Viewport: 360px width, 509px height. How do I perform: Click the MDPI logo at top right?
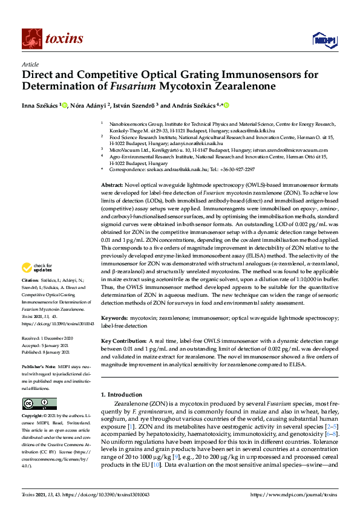coord(324,40)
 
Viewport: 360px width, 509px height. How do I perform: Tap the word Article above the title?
coord(30,65)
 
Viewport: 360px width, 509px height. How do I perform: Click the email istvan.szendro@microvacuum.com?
coord(291,149)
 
